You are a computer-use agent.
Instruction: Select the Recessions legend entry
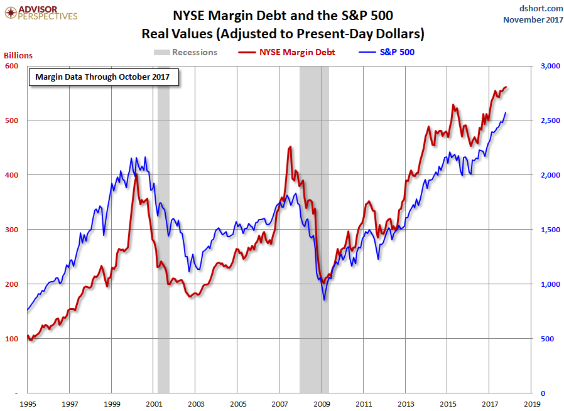tap(185, 52)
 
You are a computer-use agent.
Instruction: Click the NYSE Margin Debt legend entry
tap(288, 52)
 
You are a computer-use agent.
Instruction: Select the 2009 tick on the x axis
tap(322, 405)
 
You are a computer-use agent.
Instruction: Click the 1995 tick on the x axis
tap(28, 405)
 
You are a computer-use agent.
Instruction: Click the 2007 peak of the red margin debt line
tap(290, 147)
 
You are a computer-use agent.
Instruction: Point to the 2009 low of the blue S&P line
tap(324, 299)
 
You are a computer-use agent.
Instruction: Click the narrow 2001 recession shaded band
tap(163, 251)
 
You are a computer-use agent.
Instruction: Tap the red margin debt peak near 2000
tap(136, 175)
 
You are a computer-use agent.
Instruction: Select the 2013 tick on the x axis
tap(406, 405)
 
